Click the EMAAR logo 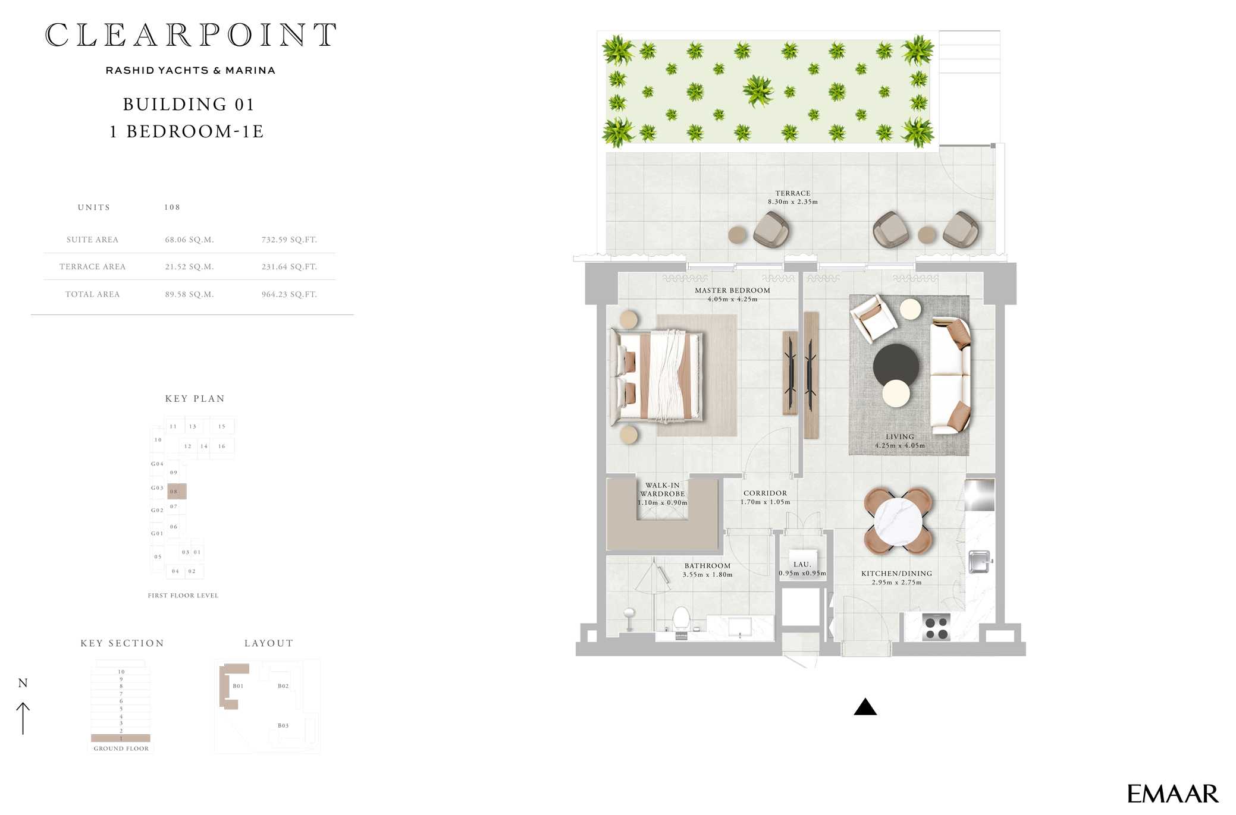point(1172,794)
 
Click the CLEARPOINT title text point(191,35)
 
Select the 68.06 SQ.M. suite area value point(189,240)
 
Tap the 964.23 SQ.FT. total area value point(289,295)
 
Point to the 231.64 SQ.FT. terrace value point(289,267)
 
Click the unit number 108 point(172,207)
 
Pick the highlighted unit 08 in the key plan point(177,492)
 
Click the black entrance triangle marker point(865,707)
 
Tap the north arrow point(23,718)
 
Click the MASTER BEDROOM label point(732,291)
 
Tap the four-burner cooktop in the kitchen point(936,628)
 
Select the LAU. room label point(802,565)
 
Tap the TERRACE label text point(792,193)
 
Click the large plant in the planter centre point(758,92)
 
